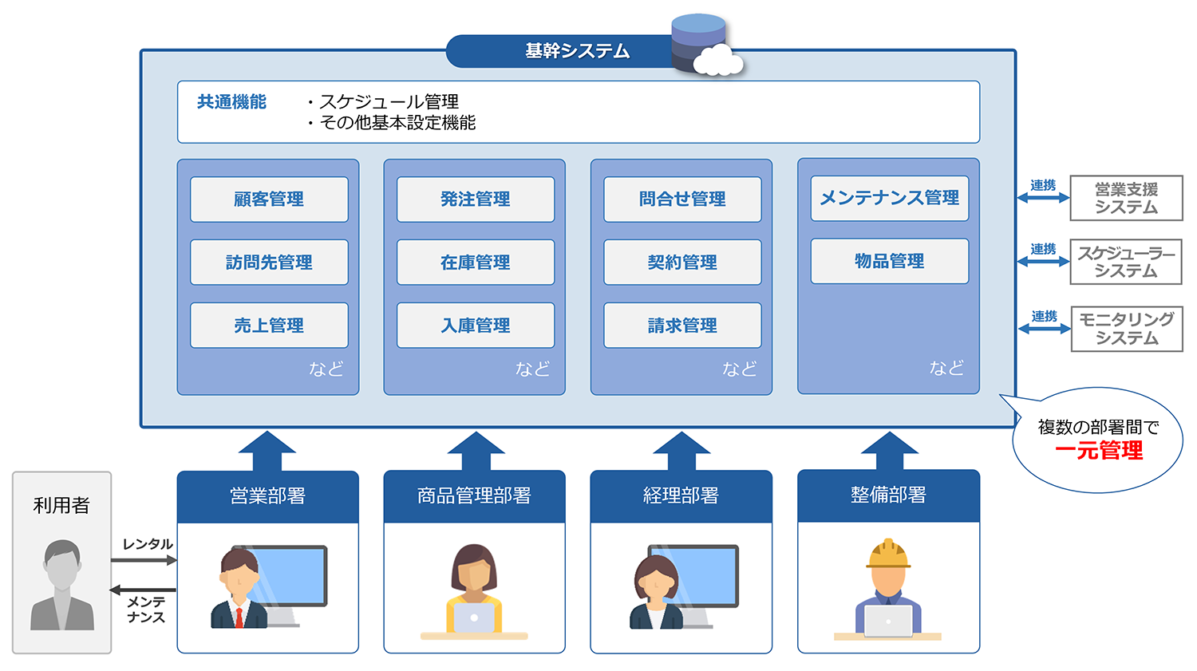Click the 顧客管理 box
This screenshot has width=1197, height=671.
269,199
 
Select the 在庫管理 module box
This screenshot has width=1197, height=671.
476,262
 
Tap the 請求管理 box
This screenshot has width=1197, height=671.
682,326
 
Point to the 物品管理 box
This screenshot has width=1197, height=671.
889,262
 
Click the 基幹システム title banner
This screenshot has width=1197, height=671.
576,51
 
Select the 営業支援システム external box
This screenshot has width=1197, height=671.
1126,199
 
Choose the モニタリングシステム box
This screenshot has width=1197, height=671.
1126,329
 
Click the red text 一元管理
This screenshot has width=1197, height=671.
1098,452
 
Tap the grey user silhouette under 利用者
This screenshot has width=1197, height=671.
62,586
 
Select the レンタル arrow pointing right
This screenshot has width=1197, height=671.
144,560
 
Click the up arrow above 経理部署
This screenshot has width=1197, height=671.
681,451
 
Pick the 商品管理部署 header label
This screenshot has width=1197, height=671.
474,496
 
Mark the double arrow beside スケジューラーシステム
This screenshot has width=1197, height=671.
1043,261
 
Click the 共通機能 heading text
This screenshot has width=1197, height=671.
231,102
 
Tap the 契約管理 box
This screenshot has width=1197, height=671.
682,262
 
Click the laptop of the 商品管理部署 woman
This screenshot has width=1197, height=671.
474,618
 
